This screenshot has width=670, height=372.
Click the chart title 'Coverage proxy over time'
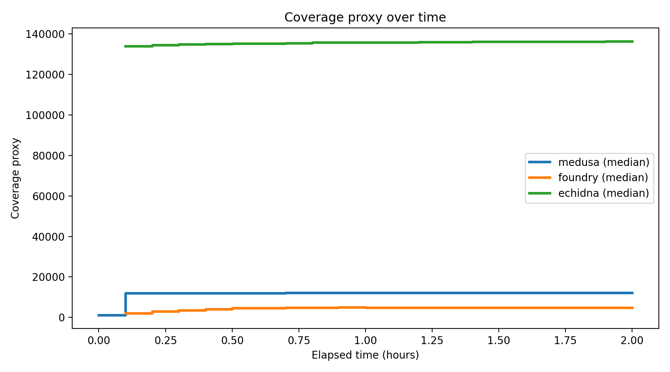(x=365, y=17)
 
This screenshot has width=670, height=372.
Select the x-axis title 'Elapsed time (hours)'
(x=365, y=355)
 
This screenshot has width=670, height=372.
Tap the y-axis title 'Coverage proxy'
(x=15, y=178)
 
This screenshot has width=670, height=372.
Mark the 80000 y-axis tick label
(x=48, y=156)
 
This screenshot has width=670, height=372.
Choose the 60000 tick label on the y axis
(x=48, y=196)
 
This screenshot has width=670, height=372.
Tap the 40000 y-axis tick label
(x=48, y=237)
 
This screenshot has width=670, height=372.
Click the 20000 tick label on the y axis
(x=48, y=278)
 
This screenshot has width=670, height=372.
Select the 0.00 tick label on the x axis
(x=99, y=340)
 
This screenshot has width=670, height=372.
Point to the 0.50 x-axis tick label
(x=232, y=340)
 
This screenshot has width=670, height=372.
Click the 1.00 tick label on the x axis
(x=365, y=340)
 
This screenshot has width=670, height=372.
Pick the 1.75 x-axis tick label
(x=565, y=340)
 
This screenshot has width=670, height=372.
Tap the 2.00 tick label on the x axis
(x=632, y=340)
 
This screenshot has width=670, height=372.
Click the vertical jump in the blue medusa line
(x=125, y=304)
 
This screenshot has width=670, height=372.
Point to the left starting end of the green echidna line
(x=125, y=46)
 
